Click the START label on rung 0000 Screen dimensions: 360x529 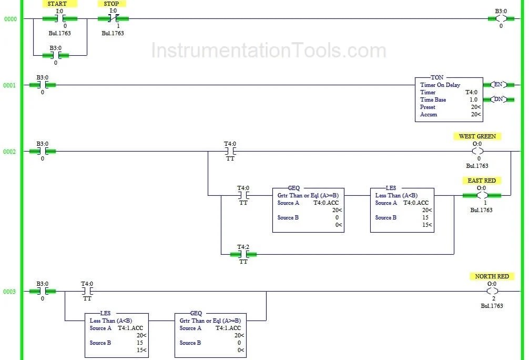click(57, 4)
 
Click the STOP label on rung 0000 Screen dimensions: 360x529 click(111, 4)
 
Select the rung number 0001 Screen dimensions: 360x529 click(9, 85)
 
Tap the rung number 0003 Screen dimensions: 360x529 click(9, 292)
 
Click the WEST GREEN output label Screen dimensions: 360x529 click(477, 136)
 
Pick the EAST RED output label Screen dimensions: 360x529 click(481, 181)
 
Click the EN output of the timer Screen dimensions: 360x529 click(497, 85)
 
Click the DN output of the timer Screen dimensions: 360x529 click(497, 99)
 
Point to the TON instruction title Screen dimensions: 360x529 click(437, 77)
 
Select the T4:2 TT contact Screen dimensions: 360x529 click(243, 254)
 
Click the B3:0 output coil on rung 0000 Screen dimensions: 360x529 click(501, 19)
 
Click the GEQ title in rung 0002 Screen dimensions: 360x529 click(293, 188)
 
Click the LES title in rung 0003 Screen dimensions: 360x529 click(105, 313)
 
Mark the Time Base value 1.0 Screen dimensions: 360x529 click(473, 99)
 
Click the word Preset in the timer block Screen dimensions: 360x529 click(428, 107)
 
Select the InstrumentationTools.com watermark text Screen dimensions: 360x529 click(268, 51)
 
